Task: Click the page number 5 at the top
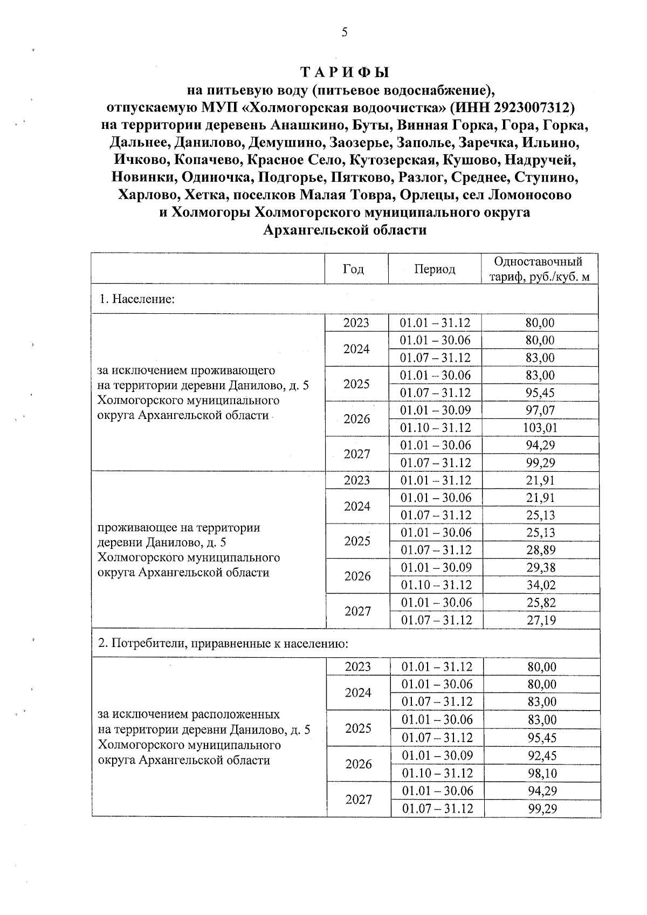pos(345,32)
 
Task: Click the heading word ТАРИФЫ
pos(345,72)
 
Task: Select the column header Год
pos(353,269)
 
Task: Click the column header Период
pos(435,269)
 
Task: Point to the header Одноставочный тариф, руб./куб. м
pos(539,269)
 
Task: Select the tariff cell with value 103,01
pos(540,428)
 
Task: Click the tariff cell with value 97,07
pos(540,410)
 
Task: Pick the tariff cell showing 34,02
pos(540,585)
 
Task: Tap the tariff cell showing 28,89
pos(540,550)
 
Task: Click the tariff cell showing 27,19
pos(540,620)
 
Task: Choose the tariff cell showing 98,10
pos(542,773)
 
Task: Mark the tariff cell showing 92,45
pos(542,755)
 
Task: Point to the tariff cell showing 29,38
pos(540,567)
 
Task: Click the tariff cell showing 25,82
pos(540,602)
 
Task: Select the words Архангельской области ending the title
pos(345,230)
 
